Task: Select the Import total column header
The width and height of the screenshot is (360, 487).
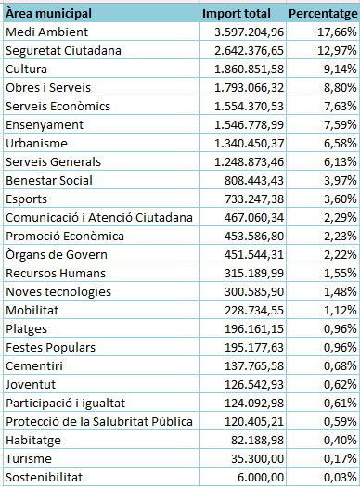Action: click(x=237, y=14)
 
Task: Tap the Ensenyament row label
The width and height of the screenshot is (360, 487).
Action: click(x=45, y=124)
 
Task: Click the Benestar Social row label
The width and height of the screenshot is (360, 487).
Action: click(x=48, y=180)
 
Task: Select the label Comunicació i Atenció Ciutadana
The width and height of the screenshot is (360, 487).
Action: click(x=98, y=217)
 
